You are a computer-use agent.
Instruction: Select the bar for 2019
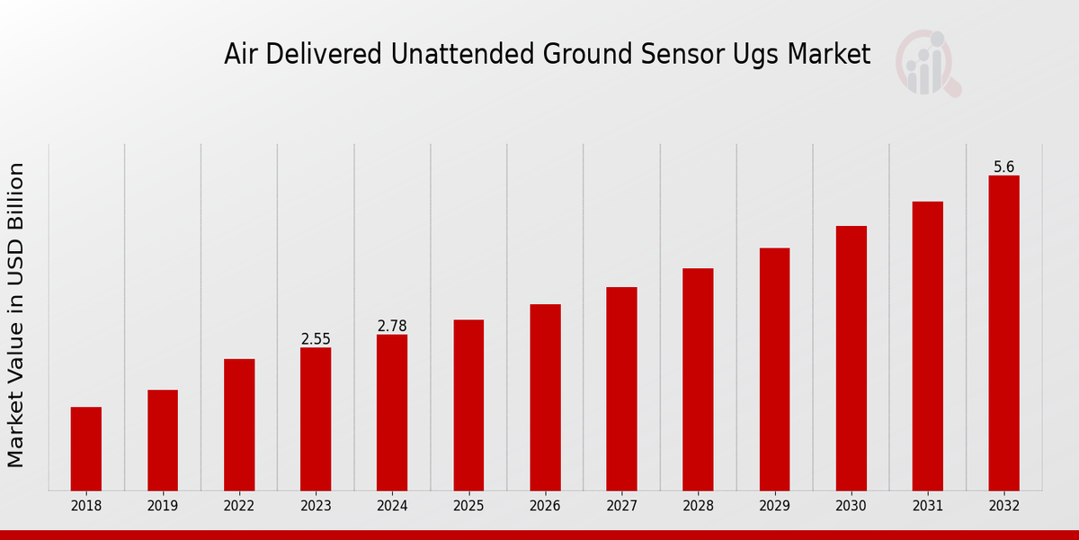[163, 440]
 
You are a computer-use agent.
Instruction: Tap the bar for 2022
[239, 425]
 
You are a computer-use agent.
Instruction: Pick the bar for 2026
[545, 397]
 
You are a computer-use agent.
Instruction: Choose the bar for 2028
[698, 379]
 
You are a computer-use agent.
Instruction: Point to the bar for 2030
[851, 358]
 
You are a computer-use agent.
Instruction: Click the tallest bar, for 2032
[1003, 333]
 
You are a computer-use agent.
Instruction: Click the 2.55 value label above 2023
[316, 339]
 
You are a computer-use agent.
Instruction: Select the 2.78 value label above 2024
[392, 326]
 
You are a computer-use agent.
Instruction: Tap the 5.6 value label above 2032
[1003, 167]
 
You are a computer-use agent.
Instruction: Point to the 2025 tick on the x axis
[468, 507]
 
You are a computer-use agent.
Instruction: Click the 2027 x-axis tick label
[621, 507]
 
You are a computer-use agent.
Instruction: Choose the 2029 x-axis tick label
[774, 507]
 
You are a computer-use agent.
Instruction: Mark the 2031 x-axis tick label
[927, 507]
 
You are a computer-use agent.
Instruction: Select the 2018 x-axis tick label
[86, 507]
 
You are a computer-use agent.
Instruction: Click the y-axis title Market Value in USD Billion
[16, 315]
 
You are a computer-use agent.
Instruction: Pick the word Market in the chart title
[828, 55]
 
